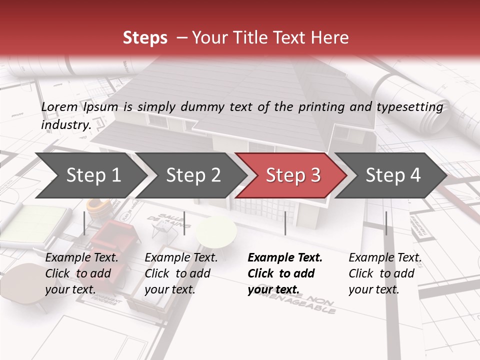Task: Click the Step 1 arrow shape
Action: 93,175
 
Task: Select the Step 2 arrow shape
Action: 193,175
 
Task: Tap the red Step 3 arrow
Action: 293,175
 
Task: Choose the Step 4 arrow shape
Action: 393,175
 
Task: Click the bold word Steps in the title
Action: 145,37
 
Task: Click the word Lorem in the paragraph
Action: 59,106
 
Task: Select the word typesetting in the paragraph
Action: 411,106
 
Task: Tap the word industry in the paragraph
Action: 65,124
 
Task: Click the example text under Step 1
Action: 81,273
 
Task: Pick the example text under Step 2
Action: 181,273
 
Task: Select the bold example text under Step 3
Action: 285,273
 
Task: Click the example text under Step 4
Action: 385,273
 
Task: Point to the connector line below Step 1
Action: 84,223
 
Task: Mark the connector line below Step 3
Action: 285,223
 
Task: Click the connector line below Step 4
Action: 386,223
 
